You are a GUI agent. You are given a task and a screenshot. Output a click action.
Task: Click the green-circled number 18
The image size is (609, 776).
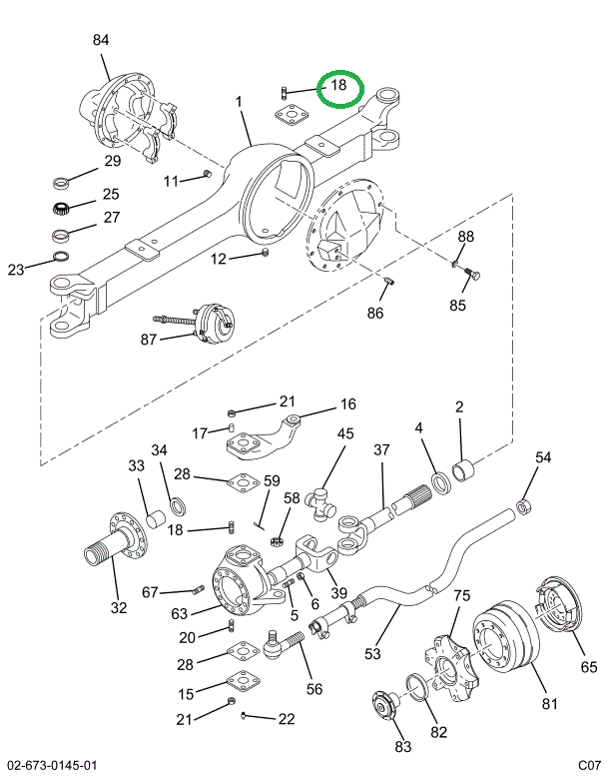click(x=338, y=85)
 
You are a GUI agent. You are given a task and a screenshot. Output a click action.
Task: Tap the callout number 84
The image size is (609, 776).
click(x=101, y=40)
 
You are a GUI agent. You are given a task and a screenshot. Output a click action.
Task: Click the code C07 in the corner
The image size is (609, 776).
click(x=589, y=765)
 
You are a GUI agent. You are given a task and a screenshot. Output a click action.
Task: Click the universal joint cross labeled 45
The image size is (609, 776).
click(x=320, y=504)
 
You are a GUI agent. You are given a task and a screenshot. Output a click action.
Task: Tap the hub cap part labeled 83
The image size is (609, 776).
click(x=386, y=705)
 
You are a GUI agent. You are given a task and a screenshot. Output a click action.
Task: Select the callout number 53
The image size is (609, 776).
click(x=372, y=654)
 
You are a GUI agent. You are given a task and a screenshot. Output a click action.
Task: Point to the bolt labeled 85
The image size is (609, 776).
click(x=472, y=273)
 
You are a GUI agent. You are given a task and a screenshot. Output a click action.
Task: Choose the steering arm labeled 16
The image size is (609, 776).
click(x=264, y=440)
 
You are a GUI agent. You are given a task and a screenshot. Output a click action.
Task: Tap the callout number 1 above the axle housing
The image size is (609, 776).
click(x=239, y=102)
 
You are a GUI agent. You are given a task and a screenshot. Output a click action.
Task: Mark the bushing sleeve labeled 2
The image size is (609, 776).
click(x=464, y=470)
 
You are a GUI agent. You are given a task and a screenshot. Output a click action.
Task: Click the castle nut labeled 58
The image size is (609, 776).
click(x=277, y=541)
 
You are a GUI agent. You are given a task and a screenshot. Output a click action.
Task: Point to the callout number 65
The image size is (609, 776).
click(x=589, y=666)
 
